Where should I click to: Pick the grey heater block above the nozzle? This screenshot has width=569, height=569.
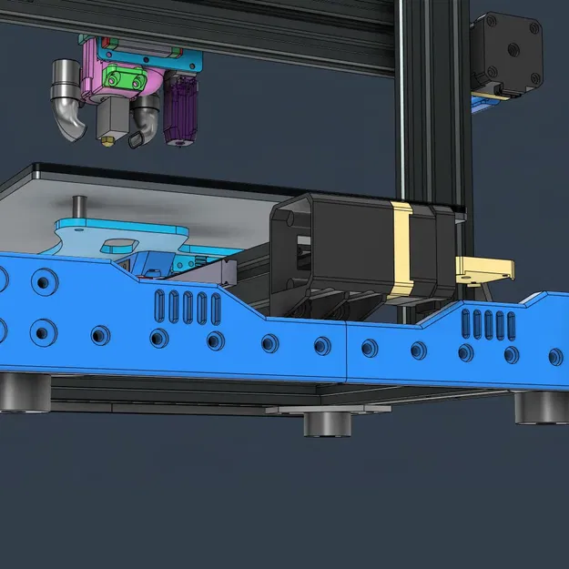point(111,117)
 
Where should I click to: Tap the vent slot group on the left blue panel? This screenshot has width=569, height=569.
point(188,307)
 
